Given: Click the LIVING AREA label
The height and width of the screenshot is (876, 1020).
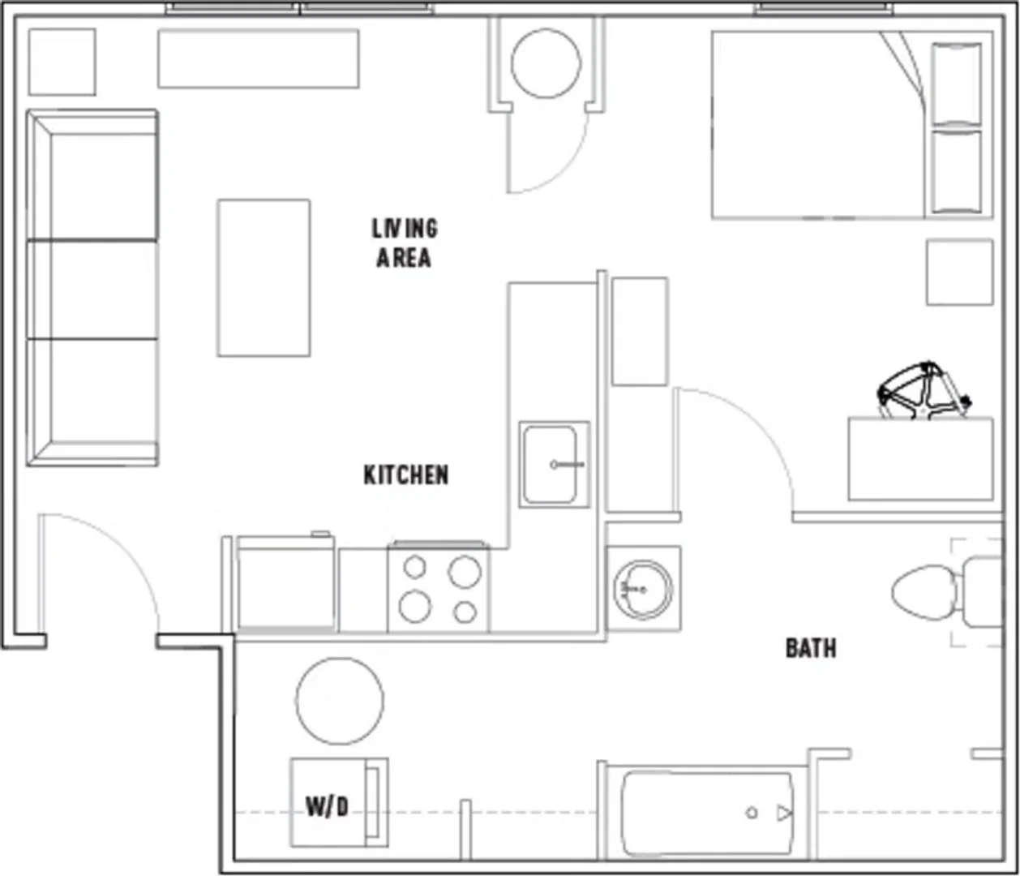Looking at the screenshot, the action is [x=404, y=243].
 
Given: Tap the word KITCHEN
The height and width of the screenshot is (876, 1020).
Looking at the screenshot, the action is [x=405, y=474].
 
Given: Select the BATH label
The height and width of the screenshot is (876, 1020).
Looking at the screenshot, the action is [x=811, y=648].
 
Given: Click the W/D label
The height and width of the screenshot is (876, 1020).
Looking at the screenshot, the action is [x=328, y=807].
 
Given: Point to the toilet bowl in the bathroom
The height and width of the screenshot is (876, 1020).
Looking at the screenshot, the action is [x=924, y=593].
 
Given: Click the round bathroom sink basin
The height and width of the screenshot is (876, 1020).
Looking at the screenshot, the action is [x=643, y=589].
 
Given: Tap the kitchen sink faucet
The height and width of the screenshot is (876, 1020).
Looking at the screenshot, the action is [x=567, y=464].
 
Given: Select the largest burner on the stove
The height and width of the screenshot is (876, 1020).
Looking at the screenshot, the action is [x=465, y=571].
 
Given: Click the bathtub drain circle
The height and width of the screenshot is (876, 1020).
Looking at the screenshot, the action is [x=751, y=812].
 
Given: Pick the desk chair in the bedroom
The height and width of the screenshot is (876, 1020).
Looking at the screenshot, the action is [x=922, y=391].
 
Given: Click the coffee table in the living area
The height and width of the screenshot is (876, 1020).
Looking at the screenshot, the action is [x=264, y=278].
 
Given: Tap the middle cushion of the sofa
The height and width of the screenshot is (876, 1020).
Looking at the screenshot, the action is [x=92, y=290].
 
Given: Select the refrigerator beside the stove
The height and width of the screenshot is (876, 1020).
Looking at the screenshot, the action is [x=285, y=583].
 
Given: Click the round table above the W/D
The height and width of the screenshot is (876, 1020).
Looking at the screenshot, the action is [x=340, y=701].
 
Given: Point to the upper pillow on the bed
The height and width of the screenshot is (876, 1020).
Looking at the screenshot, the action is [x=956, y=84].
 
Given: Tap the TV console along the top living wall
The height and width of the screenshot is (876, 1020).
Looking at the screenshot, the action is [x=258, y=58].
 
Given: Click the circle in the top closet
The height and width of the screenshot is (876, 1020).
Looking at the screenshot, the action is [x=546, y=63].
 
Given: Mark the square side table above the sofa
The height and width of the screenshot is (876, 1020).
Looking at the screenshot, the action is [x=62, y=62].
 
